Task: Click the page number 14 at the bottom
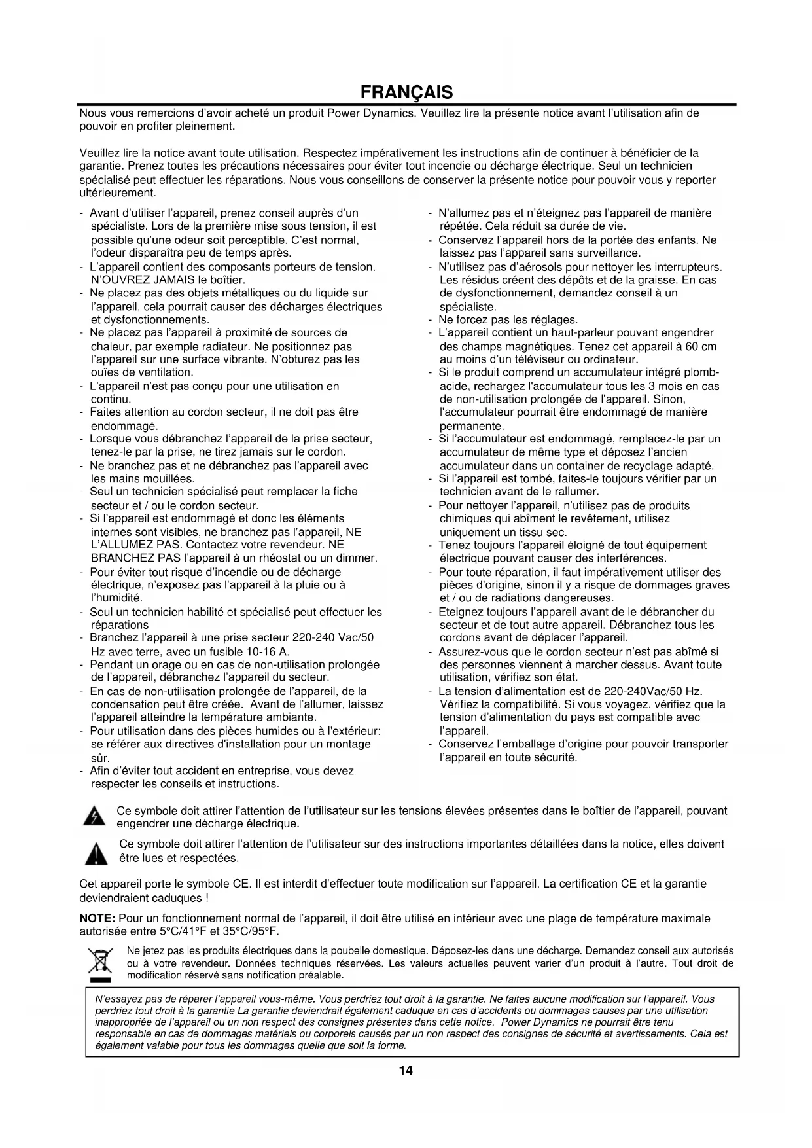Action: click(x=406, y=1071)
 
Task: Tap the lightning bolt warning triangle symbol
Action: click(x=96, y=817)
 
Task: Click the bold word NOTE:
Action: click(x=97, y=918)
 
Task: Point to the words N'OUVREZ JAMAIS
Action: click(x=134, y=280)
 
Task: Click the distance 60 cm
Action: click(x=701, y=346)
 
